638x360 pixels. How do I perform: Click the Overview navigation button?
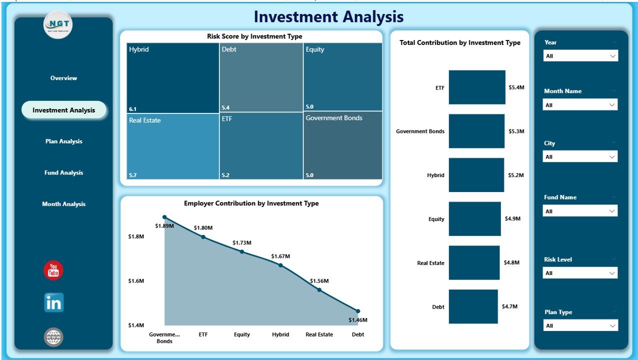click(x=63, y=78)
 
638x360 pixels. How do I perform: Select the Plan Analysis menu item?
click(x=63, y=141)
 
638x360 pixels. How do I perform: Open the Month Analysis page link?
click(x=63, y=204)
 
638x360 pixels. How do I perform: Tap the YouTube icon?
click(x=53, y=270)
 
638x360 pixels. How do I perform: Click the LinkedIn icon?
click(x=53, y=302)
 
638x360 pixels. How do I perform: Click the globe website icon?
click(x=53, y=337)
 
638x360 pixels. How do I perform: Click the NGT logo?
click(x=58, y=24)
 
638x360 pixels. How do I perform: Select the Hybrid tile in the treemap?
click(x=172, y=77)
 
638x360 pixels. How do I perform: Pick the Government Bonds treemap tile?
click(x=343, y=145)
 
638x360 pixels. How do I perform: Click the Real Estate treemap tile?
click(x=172, y=146)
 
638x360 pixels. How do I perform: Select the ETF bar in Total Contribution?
click(x=476, y=87)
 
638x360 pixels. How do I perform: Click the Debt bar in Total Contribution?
click(x=473, y=306)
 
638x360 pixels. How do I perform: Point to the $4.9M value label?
click(x=512, y=219)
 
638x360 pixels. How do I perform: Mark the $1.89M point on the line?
click(x=164, y=217)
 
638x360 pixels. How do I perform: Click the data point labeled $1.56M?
click(x=319, y=289)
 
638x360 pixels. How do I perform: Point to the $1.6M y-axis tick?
click(x=136, y=281)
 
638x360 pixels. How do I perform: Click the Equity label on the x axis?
click(x=241, y=334)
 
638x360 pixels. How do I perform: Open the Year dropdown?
click(x=580, y=56)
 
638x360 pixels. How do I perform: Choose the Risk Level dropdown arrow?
click(x=612, y=273)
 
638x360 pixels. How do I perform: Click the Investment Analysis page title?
click(x=328, y=17)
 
